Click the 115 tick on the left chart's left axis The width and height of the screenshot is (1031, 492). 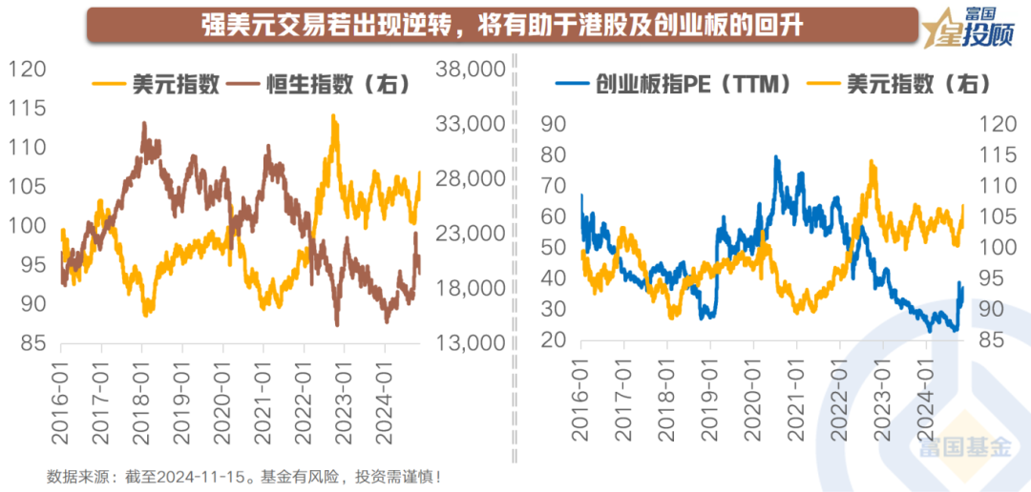28,109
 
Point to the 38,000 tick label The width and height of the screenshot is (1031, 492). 469,70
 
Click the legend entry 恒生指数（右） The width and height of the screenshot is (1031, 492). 332,85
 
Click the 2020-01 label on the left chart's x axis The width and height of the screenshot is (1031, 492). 223,391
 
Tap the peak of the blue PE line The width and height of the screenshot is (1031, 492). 776,157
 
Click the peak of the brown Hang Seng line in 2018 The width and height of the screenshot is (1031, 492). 144,123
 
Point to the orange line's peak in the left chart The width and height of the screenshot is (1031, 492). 333,115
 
